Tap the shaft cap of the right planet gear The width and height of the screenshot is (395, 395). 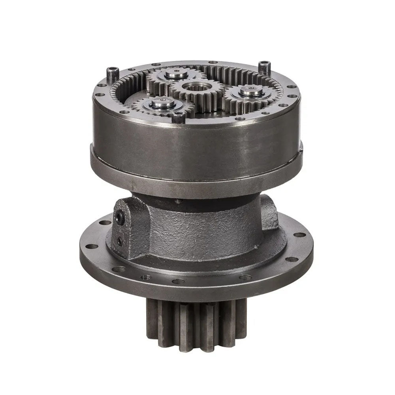252,91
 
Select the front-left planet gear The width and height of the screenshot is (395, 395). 161,104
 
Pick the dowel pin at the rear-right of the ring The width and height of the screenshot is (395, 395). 265,66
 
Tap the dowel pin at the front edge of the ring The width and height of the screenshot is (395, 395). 178,116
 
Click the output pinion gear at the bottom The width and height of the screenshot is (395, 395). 196,324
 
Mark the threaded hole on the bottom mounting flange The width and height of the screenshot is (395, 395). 145,277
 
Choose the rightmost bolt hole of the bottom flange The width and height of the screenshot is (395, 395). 300,235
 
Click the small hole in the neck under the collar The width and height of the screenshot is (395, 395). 178,201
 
